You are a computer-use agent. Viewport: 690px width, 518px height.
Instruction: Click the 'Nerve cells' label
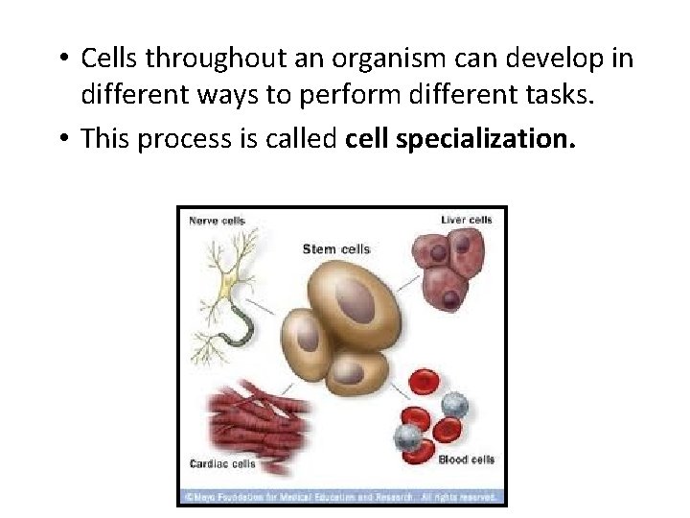tap(217, 221)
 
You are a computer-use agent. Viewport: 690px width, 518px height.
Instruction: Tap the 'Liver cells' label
tap(466, 220)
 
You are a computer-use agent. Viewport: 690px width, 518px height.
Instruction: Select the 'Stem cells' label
tap(335, 249)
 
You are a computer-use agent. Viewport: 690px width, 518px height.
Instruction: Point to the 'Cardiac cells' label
tap(222, 464)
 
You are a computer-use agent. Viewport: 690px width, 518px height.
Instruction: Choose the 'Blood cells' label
tap(466, 459)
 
